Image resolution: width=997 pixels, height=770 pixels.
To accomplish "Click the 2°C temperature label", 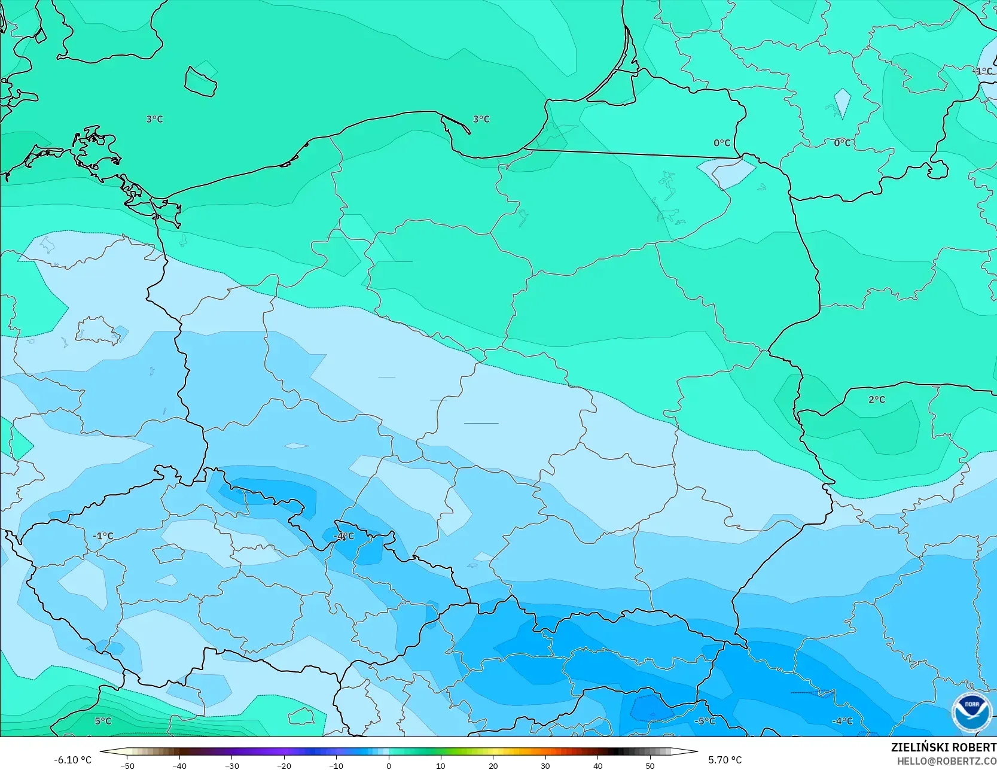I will pos(877,400).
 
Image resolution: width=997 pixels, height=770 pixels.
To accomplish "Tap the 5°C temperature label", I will pos(103,721).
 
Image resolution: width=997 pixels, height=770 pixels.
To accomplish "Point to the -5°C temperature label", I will pos(705,721).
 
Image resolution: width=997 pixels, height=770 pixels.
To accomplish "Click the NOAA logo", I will pos(971,711).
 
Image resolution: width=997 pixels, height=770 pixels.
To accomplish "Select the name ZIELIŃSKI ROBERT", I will pos(943,747).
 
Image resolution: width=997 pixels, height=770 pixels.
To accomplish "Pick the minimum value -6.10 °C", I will pos(72,760).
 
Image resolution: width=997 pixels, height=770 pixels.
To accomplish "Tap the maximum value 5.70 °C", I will pos(725,760).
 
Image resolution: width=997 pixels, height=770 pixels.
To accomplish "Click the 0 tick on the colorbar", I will pos(388,766).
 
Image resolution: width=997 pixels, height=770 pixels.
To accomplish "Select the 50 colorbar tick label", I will pos(650,766).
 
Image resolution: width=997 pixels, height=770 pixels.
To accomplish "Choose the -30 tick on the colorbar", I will pos(231,766).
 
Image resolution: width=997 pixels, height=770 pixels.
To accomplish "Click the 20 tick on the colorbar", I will pos(493,766).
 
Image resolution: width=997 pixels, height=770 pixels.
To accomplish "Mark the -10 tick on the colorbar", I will pos(336,766).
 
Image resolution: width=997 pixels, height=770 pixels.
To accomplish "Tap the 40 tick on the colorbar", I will pos(597,766).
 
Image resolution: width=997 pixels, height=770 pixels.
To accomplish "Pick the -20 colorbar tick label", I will pos(283,766).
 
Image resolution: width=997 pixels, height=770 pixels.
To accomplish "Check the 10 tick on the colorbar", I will pos(441,766).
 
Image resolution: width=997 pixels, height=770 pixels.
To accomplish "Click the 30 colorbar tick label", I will pos(545,766).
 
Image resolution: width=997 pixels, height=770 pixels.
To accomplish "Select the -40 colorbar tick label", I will pos(179,766).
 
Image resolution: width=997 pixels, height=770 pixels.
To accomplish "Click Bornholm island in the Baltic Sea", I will pos(200,81).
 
